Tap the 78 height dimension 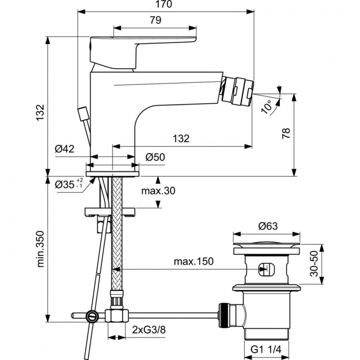(x=287, y=133)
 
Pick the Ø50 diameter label (x=155, y=157)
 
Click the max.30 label (x=158, y=191)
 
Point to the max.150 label (x=193, y=262)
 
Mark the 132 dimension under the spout (x=181, y=139)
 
